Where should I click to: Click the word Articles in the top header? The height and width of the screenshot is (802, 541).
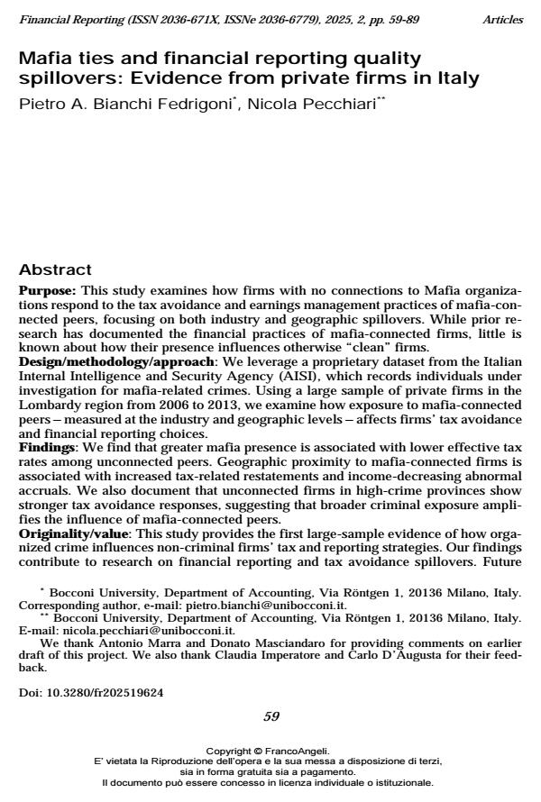[501, 19]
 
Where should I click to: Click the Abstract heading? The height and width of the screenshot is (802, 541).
[56, 270]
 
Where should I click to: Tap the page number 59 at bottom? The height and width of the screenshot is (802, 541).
[270, 716]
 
